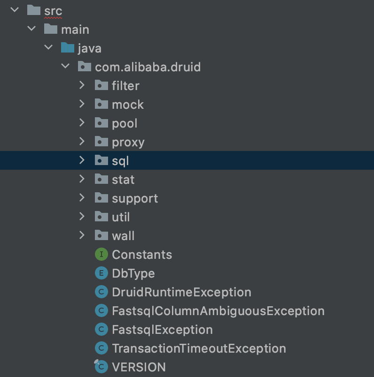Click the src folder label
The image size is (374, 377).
pyautogui.click(x=53, y=11)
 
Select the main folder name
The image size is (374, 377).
pyautogui.click(x=75, y=30)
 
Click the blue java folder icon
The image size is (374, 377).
pyautogui.click(x=68, y=48)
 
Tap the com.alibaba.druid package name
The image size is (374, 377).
pyautogui.click(x=148, y=67)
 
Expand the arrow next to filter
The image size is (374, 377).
pyautogui.click(x=82, y=85)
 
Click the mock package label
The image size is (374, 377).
pyautogui.click(x=128, y=105)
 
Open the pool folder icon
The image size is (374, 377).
pyautogui.click(x=101, y=123)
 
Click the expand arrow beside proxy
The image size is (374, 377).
pyautogui.click(x=82, y=142)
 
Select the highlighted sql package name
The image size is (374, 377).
pyautogui.click(x=120, y=161)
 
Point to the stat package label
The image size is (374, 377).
pyautogui.click(x=123, y=180)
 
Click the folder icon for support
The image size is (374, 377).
pyautogui.click(x=101, y=198)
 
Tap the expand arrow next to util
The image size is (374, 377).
pyautogui.click(x=82, y=217)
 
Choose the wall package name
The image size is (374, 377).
pyautogui.click(x=123, y=236)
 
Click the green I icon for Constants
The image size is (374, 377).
pyautogui.click(x=101, y=255)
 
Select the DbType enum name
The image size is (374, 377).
pyautogui.click(x=133, y=273)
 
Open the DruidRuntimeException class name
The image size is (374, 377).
pyautogui.click(x=181, y=292)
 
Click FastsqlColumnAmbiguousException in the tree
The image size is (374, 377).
pyautogui.click(x=218, y=311)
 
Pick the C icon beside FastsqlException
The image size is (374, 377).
pyautogui.click(x=101, y=330)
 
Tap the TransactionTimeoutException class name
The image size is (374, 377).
pyautogui.click(x=199, y=348)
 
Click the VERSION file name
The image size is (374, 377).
pyautogui.click(x=139, y=367)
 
